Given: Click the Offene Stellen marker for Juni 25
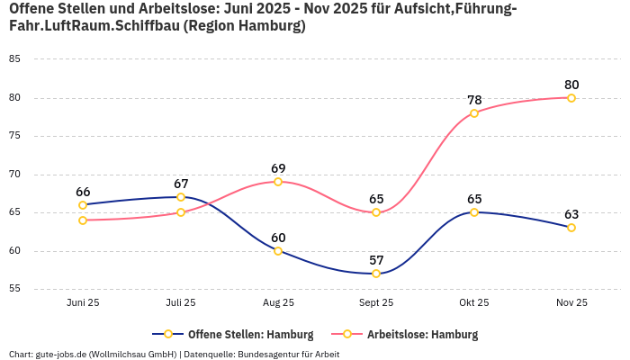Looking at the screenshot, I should point(83,205).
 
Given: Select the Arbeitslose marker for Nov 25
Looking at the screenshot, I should point(571,98).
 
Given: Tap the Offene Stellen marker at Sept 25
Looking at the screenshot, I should point(376,274).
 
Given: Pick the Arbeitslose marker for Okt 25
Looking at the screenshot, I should point(474,113).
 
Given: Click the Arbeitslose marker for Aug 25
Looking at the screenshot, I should point(278,182).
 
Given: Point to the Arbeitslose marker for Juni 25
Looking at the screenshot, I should point(83,220).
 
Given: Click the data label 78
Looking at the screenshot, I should point(474,100).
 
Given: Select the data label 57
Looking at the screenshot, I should point(376,260).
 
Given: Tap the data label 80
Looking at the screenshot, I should point(571,85).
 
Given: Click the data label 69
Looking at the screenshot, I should point(278,168).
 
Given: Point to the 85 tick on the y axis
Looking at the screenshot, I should point(14,59).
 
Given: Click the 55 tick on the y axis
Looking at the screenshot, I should point(14,289).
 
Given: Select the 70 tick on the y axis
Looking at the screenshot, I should point(14,175).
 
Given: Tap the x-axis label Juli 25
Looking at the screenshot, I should point(181,303).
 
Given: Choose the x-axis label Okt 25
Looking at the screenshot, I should point(474,303).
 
